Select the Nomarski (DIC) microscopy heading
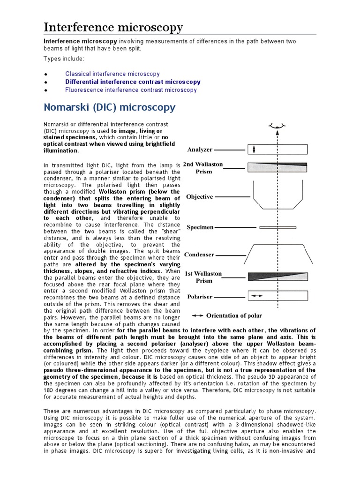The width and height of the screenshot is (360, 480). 109,107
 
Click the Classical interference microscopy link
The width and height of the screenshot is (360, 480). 112,74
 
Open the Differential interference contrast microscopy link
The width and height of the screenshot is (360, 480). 133,82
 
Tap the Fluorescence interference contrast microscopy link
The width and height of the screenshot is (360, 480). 131,90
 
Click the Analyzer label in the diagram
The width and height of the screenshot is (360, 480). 200,150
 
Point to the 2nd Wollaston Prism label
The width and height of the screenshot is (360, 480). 203,168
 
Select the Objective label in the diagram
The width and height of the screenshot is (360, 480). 200,197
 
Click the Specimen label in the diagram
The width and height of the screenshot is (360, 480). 200,227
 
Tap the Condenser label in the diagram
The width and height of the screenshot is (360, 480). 199,255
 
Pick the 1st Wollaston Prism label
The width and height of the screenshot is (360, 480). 203,277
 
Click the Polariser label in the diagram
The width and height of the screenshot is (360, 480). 201,297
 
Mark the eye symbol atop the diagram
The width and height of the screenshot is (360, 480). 277,126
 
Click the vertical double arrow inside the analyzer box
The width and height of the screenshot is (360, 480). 254,150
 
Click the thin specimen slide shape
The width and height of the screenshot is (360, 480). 277,227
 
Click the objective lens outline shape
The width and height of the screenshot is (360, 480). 277,197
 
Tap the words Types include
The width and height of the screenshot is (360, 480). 64,59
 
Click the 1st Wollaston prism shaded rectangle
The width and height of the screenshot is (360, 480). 277,276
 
